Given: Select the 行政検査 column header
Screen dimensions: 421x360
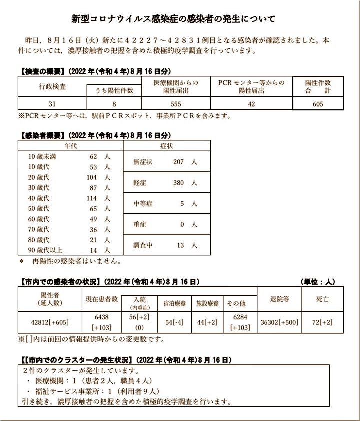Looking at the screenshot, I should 52,86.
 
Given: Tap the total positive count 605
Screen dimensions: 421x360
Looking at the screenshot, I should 318,104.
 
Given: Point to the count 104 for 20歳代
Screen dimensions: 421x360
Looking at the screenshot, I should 91,177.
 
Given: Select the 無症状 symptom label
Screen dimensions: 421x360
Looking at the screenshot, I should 143,162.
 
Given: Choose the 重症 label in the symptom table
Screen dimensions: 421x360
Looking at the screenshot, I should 140,225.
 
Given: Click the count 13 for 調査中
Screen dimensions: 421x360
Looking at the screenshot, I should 181,245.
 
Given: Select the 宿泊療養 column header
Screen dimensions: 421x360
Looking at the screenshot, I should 175,302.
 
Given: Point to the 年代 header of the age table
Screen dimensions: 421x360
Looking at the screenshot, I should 71,145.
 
